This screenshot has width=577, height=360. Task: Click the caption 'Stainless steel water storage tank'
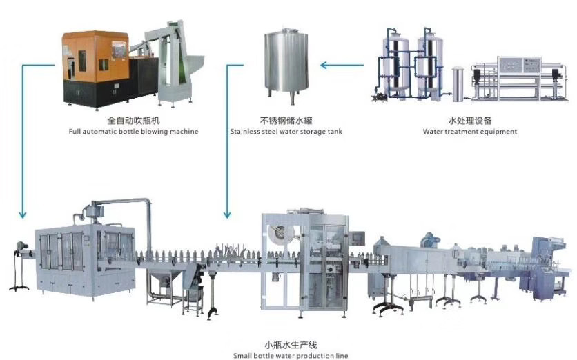[286, 131]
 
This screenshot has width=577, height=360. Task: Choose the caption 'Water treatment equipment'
[470, 131]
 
